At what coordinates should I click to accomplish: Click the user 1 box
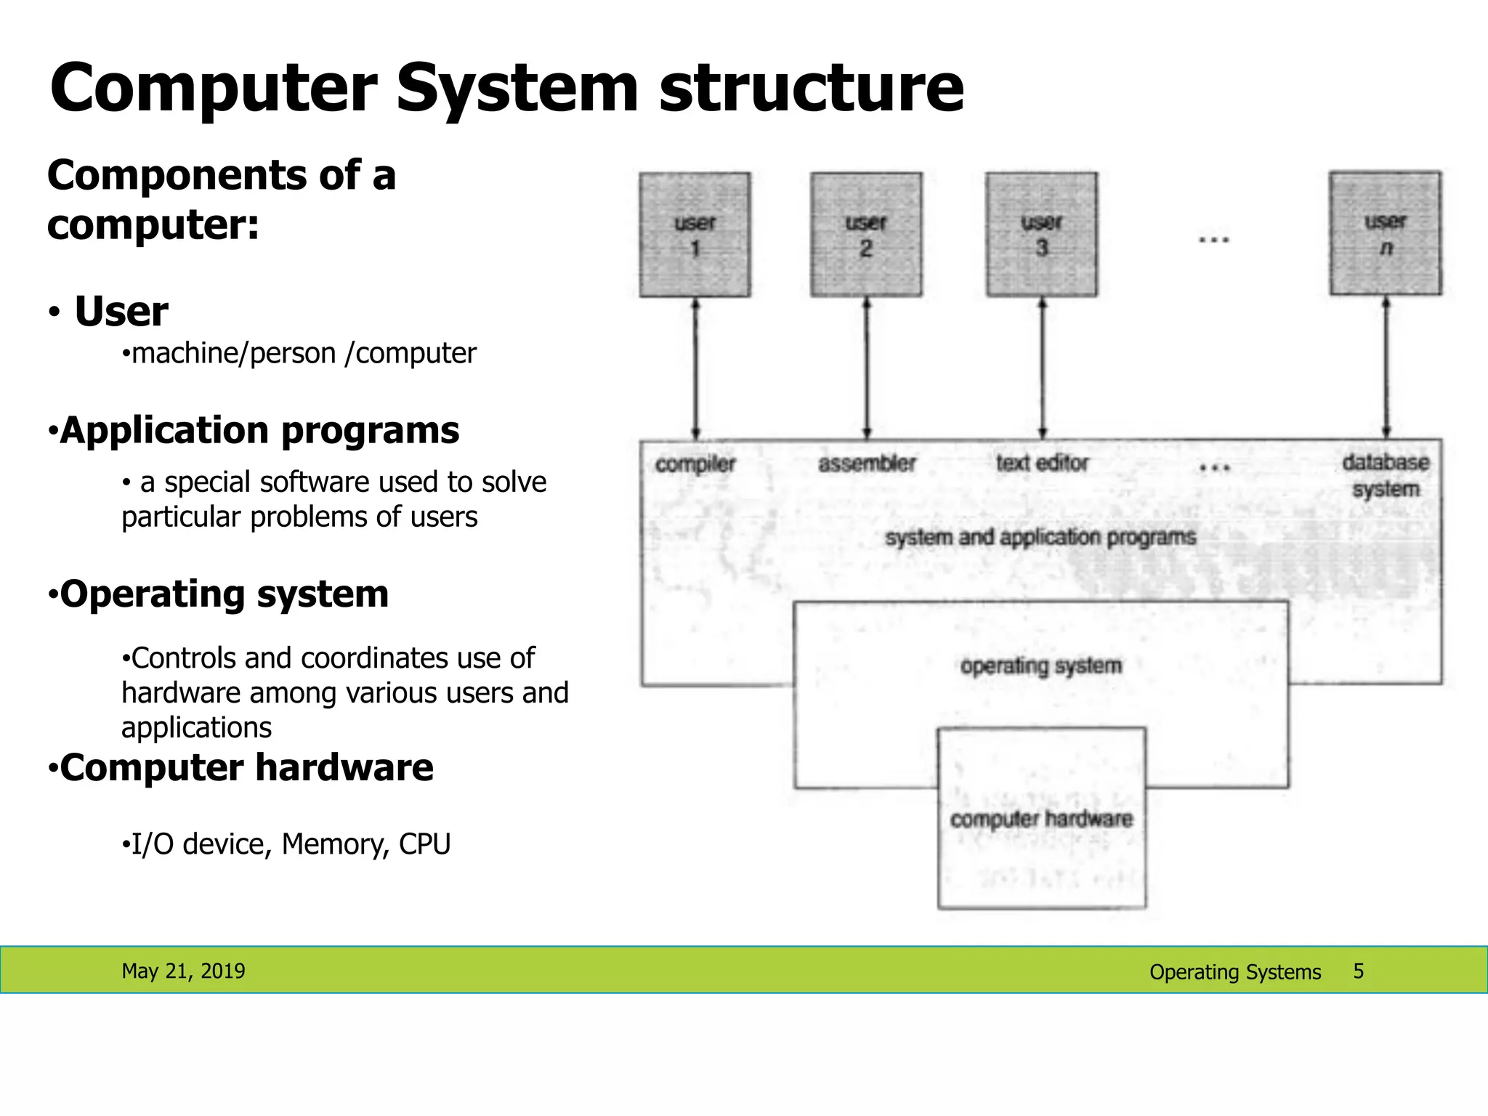(695, 235)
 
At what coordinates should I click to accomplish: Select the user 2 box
(866, 235)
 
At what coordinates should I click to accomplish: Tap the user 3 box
(1041, 235)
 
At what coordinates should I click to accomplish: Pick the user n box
(1385, 233)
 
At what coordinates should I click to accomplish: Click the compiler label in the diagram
(695, 464)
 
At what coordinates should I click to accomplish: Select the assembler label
(867, 463)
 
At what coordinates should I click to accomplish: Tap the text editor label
(1042, 462)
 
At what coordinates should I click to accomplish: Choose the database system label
(1385, 475)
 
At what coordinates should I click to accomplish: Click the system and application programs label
(1040, 538)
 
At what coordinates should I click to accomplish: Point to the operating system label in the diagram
(1040, 666)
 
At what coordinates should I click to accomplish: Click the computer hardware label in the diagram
(1041, 820)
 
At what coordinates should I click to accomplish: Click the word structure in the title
(811, 88)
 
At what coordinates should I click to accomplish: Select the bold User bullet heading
(121, 312)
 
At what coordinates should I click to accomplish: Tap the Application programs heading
(259, 430)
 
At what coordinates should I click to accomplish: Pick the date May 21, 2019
(183, 971)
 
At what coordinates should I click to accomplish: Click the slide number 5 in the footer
(1358, 971)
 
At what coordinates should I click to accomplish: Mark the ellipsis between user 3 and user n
(1213, 240)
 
